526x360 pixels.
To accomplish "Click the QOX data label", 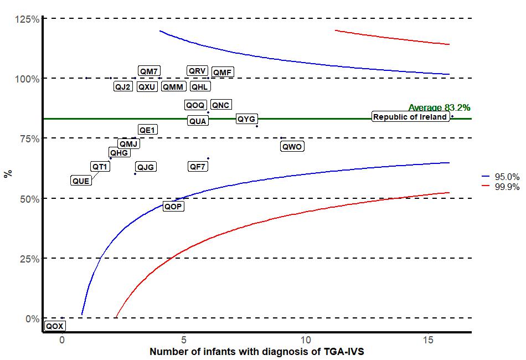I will pyautogui.click(x=54, y=326).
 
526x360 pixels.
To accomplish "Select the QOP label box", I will pyautogui.click(x=173, y=207).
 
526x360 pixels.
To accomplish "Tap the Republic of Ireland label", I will pyautogui.click(x=410, y=117).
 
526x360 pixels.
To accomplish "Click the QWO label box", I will pyautogui.click(x=292, y=147).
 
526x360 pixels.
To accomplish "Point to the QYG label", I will pyautogui.click(x=246, y=119).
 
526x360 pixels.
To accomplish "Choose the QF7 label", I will pyautogui.click(x=198, y=166).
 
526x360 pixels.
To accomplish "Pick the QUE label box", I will pyautogui.click(x=81, y=181).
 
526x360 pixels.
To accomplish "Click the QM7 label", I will pyautogui.click(x=149, y=71).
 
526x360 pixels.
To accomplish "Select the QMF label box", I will pyautogui.click(x=223, y=73).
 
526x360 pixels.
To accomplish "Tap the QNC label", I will pyautogui.click(x=221, y=105).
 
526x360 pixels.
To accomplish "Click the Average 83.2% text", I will pyautogui.click(x=439, y=107).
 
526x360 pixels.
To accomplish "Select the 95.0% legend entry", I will pyautogui.click(x=507, y=176).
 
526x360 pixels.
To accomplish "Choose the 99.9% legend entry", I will pyautogui.click(x=507, y=187).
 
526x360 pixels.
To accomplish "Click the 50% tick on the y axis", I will pyautogui.click(x=29, y=199).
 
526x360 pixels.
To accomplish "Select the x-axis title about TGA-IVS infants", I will pyautogui.click(x=256, y=352).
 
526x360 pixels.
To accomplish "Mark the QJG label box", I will pyautogui.click(x=146, y=167).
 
